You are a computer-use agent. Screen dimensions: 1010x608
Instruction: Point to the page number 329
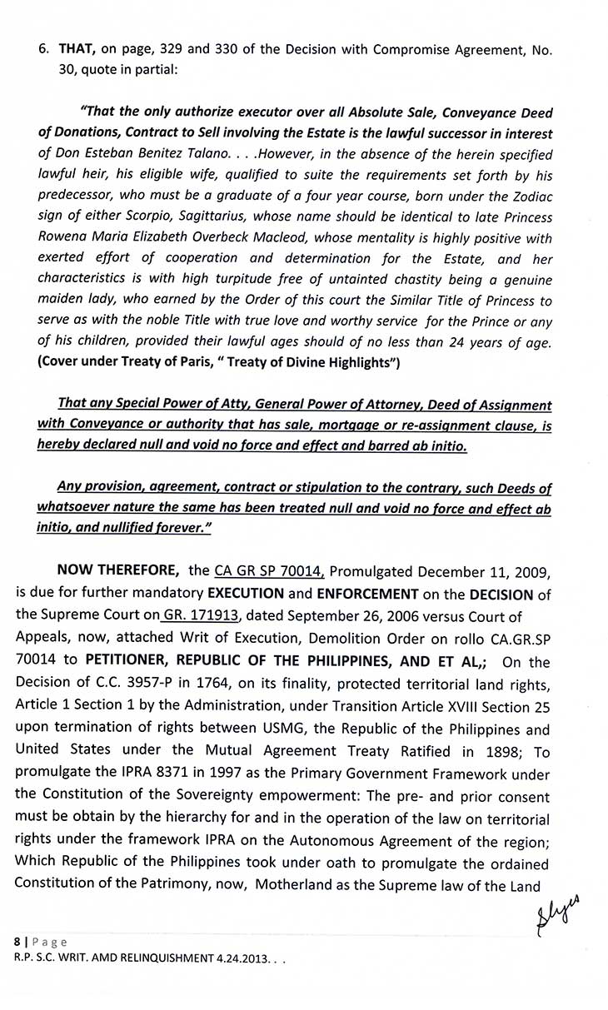point(193,48)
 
